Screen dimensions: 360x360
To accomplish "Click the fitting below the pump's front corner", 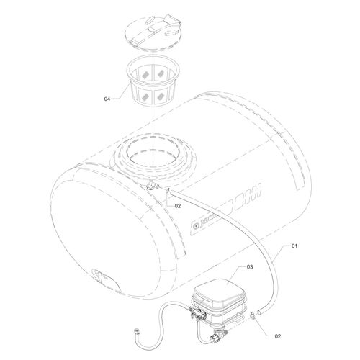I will coord(215,336).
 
